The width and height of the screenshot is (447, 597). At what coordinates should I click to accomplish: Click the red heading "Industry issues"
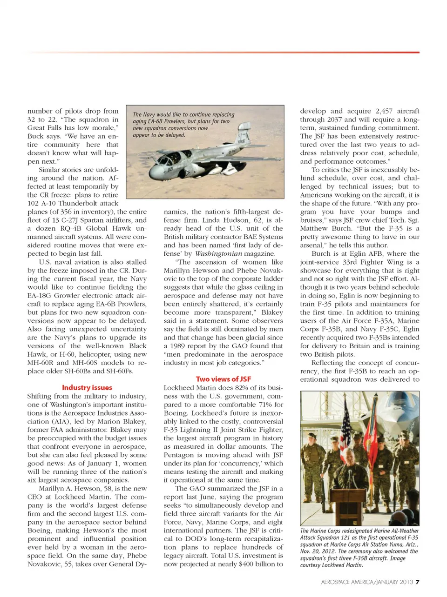[x=87, y=388]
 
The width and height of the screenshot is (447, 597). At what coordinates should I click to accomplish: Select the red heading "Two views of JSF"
[x=223, y=379]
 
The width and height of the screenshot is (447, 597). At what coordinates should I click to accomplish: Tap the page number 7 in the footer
[x=418, y=582]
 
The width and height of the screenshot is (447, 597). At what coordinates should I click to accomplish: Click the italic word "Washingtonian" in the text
[x=218, y=254]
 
